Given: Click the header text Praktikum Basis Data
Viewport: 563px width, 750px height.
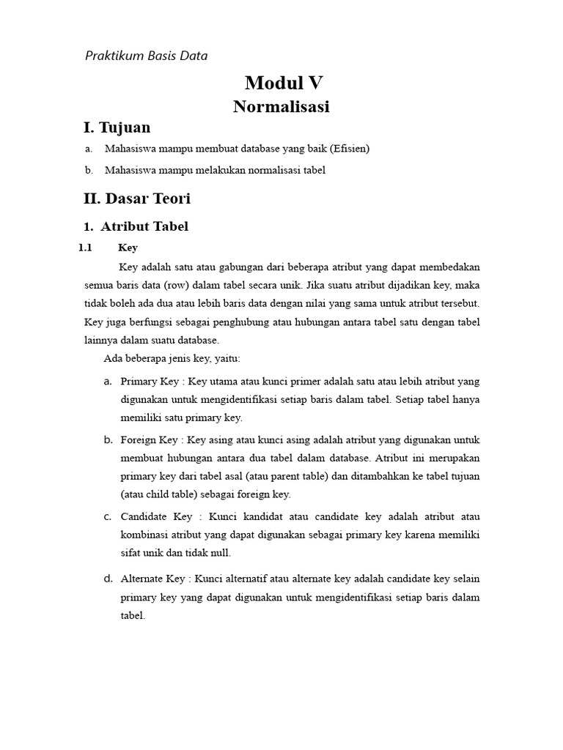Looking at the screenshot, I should click(147, 55).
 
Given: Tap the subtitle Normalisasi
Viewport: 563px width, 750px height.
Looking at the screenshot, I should click(281, 107).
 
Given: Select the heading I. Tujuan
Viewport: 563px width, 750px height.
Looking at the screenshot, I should click(117, 127).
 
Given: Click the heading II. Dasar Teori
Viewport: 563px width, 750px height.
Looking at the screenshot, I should click(138, 198).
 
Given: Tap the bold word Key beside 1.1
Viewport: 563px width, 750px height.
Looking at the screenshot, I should click(128, 248).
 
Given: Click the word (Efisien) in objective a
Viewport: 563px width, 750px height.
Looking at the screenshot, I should click(350, 149).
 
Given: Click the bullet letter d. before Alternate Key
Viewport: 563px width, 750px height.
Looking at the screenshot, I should click(108, 579).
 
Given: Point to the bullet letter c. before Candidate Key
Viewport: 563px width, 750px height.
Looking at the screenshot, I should click(108, 516).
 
